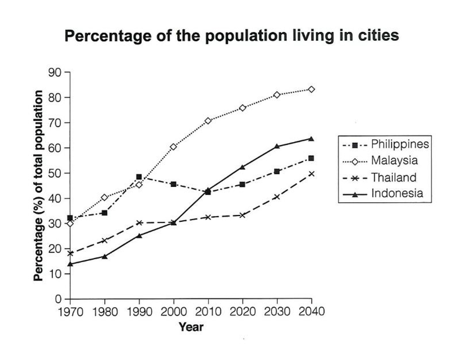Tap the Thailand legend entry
point(394,177)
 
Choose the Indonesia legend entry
point(397,193)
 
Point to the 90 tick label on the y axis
point(55,72)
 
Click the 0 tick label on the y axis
point(58,299)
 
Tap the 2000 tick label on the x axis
point(174,312)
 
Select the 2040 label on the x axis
point(311,312)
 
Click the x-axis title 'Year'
point(191,327)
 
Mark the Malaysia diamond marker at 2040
point(311,90)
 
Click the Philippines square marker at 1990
point(139,177)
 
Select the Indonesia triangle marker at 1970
point(70,264)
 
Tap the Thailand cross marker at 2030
point(277,197)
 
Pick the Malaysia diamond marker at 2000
point(173,147)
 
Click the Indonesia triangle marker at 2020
point(243,167)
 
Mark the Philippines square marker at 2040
point(311,158)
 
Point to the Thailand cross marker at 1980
point(104,241)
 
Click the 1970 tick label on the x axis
point(70,312)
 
